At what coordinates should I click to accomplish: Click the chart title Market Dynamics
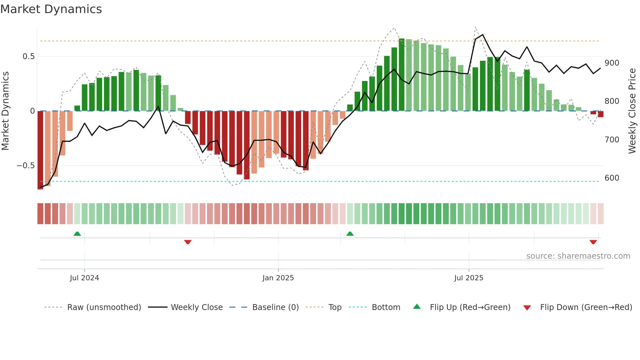51,9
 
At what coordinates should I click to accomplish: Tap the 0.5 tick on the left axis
28,57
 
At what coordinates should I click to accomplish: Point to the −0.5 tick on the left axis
25,166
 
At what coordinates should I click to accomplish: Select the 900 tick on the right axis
612,63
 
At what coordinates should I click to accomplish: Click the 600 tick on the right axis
612,178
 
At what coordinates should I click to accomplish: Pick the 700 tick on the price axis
612,140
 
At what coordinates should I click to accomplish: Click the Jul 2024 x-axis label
84,278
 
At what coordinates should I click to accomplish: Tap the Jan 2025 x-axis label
278,278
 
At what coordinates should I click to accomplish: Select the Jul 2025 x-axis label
469,278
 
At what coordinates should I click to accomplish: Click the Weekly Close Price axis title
632,111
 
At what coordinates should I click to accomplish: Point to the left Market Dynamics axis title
5,111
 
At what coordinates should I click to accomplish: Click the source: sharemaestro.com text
578,256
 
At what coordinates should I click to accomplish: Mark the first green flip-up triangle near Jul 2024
77,234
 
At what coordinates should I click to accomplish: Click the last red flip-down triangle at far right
593,242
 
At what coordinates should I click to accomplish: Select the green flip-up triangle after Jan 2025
350,234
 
